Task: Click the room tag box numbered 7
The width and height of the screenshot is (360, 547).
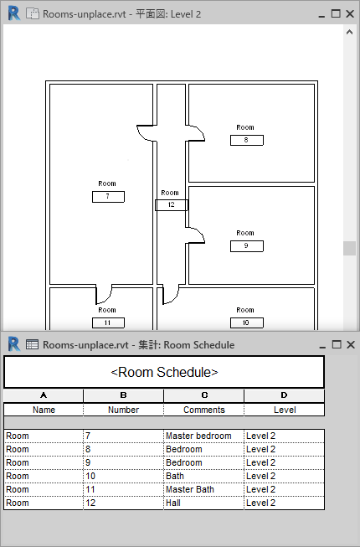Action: tap(108, 196)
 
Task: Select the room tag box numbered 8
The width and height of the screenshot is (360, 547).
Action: tap(247, 140)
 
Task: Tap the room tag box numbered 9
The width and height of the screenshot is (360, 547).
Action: tap(247, 246)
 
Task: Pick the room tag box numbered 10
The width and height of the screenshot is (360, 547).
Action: tap(247, 323)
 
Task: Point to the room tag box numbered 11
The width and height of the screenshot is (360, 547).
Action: tap(108, 323)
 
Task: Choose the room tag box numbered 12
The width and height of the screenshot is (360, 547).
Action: tap(172, 204)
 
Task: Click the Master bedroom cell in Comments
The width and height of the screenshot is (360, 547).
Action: tap(203, 436)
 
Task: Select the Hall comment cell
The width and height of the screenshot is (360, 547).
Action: tap(203, 503)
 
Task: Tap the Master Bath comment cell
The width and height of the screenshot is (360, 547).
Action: tap(203, 489)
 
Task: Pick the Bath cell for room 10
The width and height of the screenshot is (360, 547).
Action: tap(203, 476)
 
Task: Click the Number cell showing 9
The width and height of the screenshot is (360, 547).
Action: tap(123, 463)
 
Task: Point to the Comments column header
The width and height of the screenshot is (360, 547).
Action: tap(204, 410)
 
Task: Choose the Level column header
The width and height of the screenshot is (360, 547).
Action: tap(285, 410)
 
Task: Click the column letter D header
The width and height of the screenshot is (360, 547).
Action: tap(285, 395)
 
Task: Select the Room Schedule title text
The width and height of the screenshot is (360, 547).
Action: tap(164, 372)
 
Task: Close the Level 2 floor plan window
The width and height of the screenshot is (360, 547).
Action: tap(350, 13)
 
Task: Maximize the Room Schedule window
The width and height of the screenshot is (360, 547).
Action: tap(337, 344)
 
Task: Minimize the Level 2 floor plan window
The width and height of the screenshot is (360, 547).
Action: tap(321, 14)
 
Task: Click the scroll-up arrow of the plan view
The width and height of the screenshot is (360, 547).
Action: tap(349, 32)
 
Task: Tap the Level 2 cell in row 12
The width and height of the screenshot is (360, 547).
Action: tap(284, 503)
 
